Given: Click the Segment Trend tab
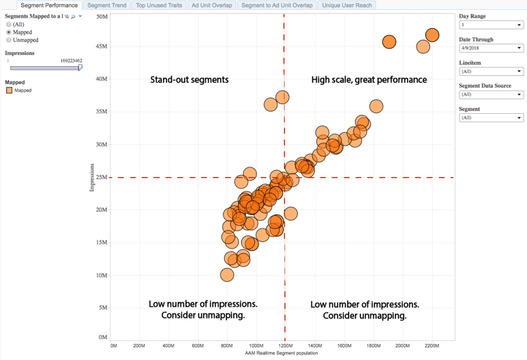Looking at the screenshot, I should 107,6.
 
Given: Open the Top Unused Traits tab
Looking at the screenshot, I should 159,6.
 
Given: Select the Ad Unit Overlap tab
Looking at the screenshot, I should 212,6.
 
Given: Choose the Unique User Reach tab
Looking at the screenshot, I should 347,6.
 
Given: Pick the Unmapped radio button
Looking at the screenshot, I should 9,40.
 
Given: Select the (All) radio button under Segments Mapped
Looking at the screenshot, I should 9,25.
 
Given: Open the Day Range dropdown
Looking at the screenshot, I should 490,25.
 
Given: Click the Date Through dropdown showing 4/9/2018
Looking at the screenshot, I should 490,49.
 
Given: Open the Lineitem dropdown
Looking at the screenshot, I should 490,72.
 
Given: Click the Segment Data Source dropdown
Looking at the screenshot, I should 490,95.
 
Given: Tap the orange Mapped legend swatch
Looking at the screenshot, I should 9,91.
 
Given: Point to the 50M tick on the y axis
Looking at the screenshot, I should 102,17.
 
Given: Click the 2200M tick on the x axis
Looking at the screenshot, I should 431,346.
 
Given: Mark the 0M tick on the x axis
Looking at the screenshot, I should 113,346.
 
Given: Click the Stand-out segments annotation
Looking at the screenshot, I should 189,80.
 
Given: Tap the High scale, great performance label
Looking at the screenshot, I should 369,80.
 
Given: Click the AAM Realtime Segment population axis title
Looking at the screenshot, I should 281,353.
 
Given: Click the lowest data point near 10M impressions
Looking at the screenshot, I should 227,274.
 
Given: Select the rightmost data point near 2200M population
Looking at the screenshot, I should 432,35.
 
